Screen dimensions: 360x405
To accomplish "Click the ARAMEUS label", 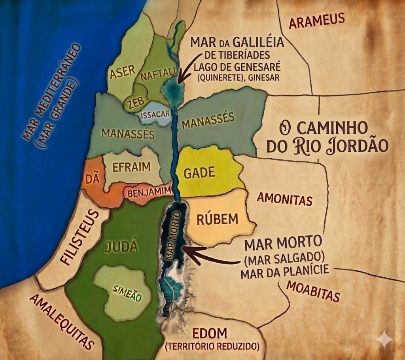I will [x=317, y=21].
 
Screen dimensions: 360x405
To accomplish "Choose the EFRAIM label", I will [x=132, y=167].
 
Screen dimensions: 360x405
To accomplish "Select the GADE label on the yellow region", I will [x=200, y=172].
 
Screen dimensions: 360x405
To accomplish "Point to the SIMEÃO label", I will [x=127, y=294].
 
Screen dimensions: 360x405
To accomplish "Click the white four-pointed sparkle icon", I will [x=384, y=339].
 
